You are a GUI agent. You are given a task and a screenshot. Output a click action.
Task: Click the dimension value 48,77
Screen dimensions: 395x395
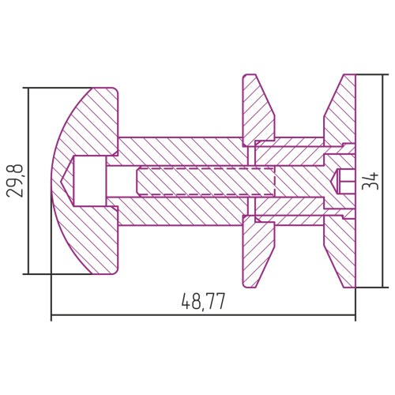(x=203, y=302)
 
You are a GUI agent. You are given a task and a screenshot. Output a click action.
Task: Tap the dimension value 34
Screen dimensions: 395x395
(x=371, y=181)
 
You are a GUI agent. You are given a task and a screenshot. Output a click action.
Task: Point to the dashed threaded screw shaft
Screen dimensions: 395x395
(x=205, y=181)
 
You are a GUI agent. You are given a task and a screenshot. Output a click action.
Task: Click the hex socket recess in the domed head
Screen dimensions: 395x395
(x=90, y=181)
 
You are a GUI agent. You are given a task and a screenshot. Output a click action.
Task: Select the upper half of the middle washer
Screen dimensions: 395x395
(x=258, y=110)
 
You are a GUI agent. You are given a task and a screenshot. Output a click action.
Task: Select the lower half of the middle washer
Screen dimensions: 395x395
(x=258, y=251)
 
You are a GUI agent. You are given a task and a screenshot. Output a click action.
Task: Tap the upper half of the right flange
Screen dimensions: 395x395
(x=340, y=110)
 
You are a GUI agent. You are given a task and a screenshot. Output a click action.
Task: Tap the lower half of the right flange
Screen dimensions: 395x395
(x=340, y=251)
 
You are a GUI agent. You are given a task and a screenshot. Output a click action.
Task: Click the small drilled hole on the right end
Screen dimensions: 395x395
(x=344, y=181)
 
